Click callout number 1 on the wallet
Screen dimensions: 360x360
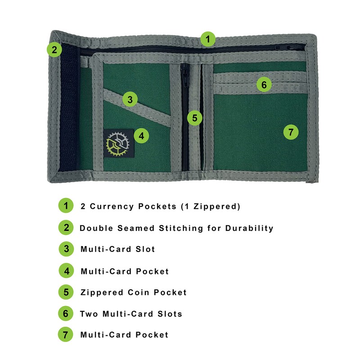[x=207, y=39]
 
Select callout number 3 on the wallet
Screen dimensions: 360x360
[x=130, y=99]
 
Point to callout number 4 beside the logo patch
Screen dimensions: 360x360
[x=142, y=135]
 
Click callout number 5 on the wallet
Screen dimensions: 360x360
[x=194, y=118]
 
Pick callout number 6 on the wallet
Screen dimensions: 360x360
[x=264, y=84]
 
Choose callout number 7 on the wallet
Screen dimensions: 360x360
[x=291, y=132]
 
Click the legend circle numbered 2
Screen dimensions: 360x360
[x=66, y=228]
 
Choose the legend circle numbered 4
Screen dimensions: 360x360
[x=66, y=271]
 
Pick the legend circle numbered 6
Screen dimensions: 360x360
[x=66, y=314]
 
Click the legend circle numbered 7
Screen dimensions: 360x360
[x=66, y=335]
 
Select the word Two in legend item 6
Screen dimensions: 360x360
[x=89, y=314]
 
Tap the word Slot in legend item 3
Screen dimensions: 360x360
[x=145, y=249]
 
